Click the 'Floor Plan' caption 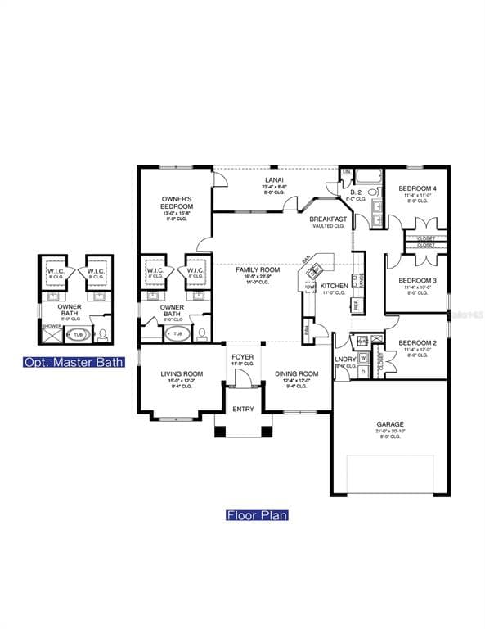click(x=257, y=515)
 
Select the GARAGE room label click(x=390, y=424)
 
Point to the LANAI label click(x=274, y=179)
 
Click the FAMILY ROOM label click(x=258, y=269)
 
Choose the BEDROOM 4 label click(x=417, y=188)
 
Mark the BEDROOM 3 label click(x=417, y=280)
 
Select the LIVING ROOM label click(x=182, y=373)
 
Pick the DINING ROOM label click(x=291, y=373)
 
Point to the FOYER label click(x=242, y=357)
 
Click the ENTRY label click(x=243, y=409)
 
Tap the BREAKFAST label click(x=328, y=219)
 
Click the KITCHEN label click(x=334, y=286)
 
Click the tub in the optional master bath click(x=79, y=334)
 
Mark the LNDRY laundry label click(x=344, y=359)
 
